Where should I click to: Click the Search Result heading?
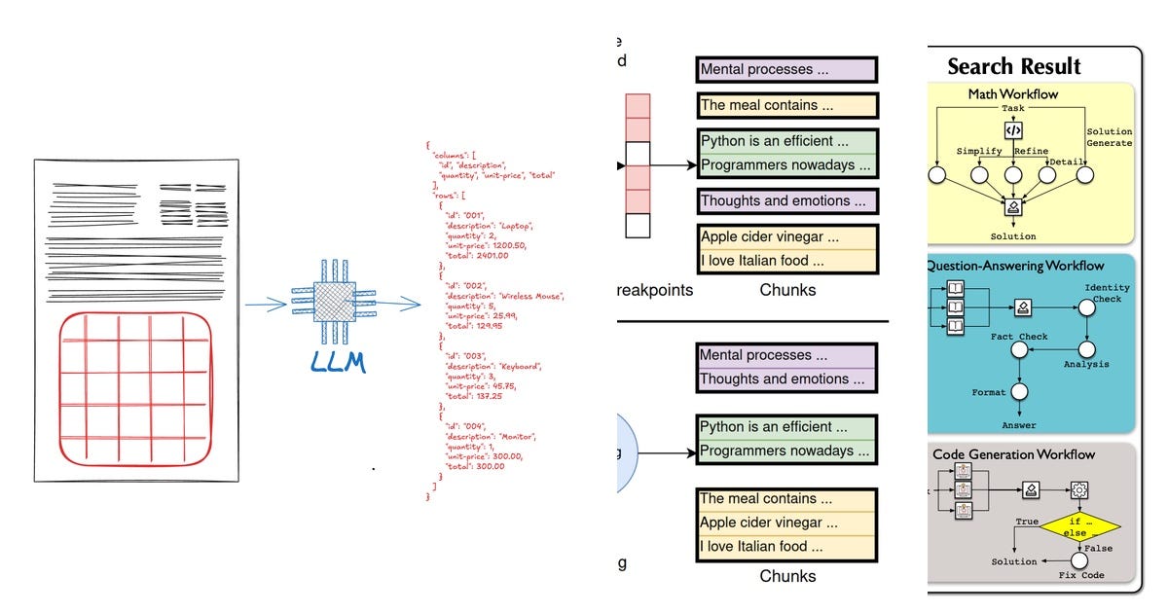click(x=1014, y=66)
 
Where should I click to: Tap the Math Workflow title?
click(x=1012, y=94)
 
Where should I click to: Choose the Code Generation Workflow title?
click(x=1013, y=454)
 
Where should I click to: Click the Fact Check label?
click(x=1019, y=337)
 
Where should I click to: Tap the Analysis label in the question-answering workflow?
click(x=1087, y=365)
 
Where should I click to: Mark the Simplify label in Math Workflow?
click(x=979, y=151)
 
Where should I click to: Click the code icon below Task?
click(x=1013, y=129)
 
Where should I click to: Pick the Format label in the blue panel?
click(x=989, y=392)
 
